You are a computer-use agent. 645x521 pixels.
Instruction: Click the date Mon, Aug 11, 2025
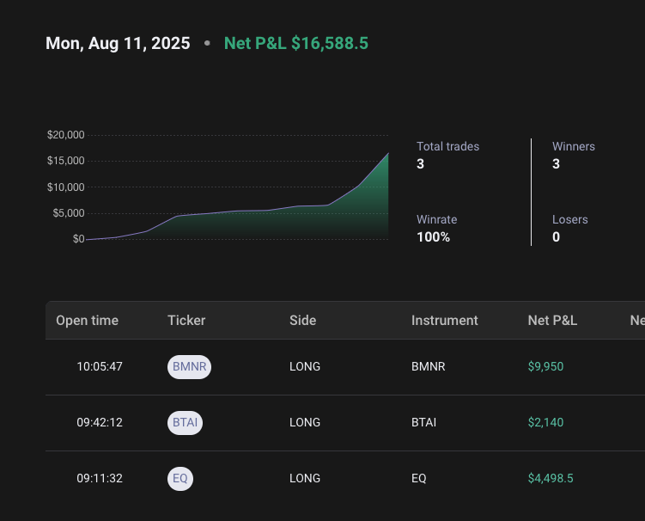118,43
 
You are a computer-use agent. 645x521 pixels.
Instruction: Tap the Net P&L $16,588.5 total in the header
295,43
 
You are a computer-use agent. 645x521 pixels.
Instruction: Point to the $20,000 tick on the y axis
65,135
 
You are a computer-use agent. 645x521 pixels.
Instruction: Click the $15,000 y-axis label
65,161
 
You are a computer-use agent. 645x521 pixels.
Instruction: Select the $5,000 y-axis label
68,213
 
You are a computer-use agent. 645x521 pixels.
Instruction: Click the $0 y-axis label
78,239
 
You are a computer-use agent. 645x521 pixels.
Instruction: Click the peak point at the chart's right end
388,153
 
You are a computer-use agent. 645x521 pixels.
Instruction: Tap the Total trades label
447,146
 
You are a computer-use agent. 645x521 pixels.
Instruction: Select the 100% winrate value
433,236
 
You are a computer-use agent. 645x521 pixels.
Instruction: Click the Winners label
573,146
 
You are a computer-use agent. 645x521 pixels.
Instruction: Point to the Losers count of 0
556,236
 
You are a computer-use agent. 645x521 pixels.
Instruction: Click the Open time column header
87,321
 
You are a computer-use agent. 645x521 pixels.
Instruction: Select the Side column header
302,321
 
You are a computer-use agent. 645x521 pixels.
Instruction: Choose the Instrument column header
444,321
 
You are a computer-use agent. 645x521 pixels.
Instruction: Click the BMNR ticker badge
189,367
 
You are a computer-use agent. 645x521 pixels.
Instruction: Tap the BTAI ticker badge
185,423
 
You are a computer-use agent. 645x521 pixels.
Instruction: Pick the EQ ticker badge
180,479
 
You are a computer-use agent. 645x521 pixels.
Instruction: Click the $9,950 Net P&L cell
545,367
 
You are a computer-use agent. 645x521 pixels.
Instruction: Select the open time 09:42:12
100,423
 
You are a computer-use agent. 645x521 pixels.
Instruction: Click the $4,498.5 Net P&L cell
551,479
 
